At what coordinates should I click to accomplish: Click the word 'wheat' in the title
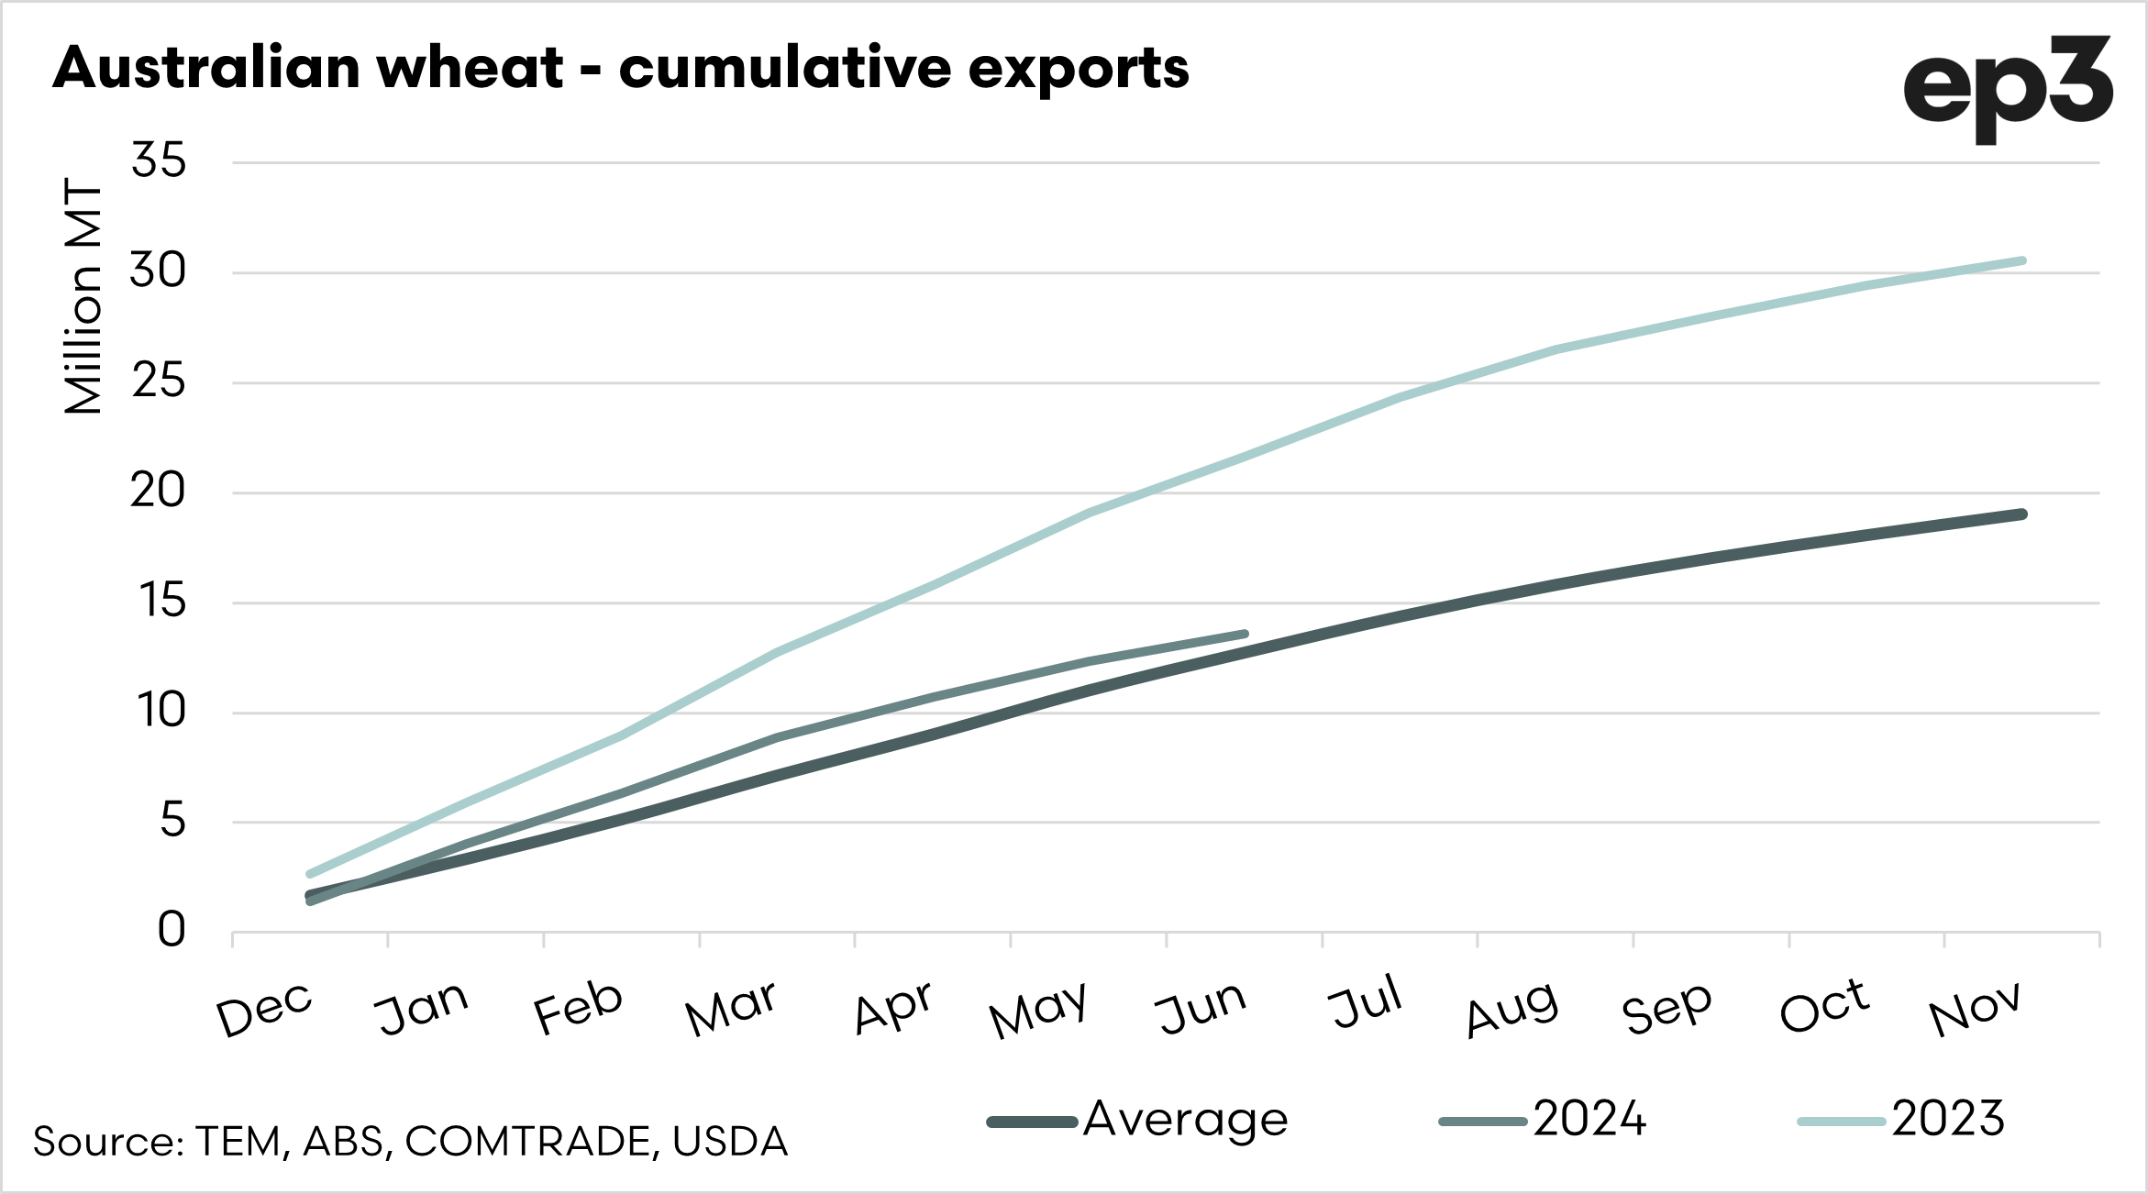click(470, 68)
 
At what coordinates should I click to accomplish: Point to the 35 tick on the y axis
click(159, 161)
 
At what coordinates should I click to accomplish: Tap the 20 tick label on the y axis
click(158, 492)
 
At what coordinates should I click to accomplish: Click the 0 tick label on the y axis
click(172, 931)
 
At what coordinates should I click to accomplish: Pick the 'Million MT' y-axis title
click(83, 296)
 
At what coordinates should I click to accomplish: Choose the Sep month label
click(1666, 1009)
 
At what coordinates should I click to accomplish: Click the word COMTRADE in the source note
click(527, 1142)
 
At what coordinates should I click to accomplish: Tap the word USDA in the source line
click(730, 1142)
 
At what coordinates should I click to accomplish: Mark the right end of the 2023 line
click(2022, 261)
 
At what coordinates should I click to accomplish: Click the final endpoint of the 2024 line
click(1245, 634)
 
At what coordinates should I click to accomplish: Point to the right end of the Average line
click(2022, 514)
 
